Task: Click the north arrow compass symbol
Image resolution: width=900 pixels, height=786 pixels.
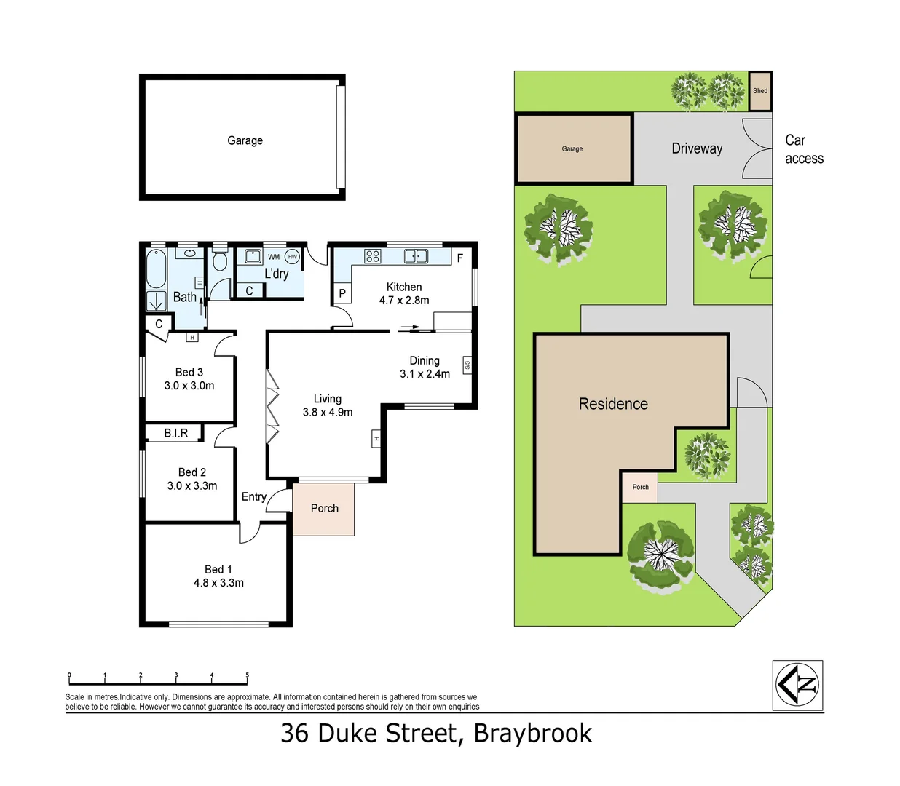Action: click(797, 685)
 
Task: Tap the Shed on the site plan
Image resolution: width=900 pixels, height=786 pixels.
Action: click(760, 91)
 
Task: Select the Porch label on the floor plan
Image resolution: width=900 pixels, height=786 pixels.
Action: click(325, 509)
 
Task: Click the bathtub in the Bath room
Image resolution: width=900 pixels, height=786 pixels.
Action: click(157, 269)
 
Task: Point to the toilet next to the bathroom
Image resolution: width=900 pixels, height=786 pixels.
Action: click(219, 261)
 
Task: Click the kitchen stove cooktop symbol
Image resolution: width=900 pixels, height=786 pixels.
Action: click(373, 255)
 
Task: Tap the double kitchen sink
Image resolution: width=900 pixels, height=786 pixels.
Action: click(416, 255)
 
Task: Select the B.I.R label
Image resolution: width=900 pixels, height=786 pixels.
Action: click(175, 433)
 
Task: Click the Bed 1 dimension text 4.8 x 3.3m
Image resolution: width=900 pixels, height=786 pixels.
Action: click(218, 583)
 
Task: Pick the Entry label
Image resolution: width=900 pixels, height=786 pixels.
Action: click(253, 496)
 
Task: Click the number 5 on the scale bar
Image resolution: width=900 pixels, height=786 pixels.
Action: click(247, 675)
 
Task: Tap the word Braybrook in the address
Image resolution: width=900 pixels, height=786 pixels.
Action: click(532, 733)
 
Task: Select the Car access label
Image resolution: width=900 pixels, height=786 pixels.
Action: click(804, 149)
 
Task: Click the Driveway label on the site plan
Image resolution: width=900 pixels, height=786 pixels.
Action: click(697, 148)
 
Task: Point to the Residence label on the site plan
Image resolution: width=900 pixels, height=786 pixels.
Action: click(613, 404)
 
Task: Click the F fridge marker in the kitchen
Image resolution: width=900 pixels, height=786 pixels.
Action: click(460, 258)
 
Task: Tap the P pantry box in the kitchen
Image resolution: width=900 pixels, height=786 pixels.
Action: click(342, 293)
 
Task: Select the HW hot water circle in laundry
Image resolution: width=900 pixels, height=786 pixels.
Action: click(292, 256)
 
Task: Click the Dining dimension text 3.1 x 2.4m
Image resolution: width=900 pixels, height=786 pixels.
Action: click(425, 374)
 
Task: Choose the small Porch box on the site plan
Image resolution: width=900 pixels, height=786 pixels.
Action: click(640, 487)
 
